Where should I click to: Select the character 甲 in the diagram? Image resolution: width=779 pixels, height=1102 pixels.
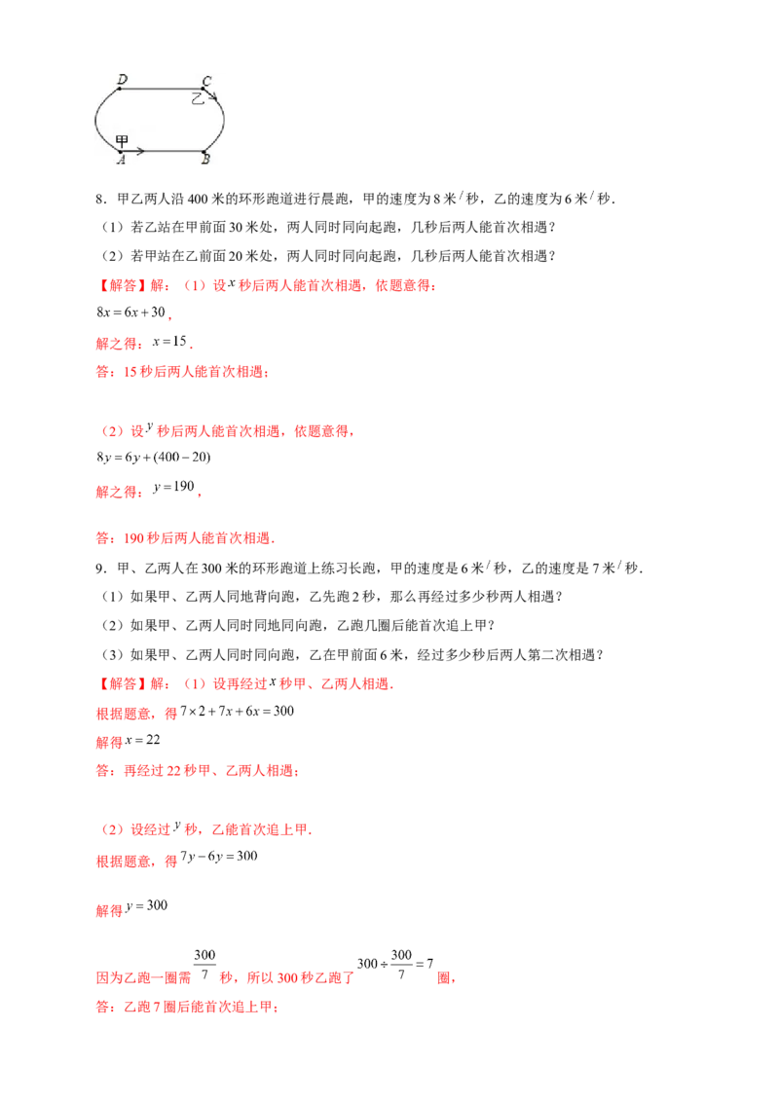click(122, 141)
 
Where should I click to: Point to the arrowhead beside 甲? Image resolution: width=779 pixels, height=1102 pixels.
click(142, 151)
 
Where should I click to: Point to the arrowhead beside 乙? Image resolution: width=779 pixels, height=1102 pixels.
click(214, 96)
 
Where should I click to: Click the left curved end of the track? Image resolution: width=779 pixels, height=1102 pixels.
click(96, 120)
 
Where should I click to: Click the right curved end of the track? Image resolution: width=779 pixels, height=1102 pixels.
click(225, 120)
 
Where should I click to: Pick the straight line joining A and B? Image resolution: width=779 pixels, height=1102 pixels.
click(170, 152)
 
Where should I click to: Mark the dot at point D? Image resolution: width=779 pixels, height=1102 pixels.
click(120, 88)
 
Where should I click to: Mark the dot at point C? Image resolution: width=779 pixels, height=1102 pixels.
click(204, 89)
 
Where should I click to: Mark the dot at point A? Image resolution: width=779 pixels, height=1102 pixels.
click(120, 152)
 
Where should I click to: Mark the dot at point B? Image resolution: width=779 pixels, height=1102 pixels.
click(204, 152)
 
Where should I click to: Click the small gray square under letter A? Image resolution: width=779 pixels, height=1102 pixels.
click(121, 168)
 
